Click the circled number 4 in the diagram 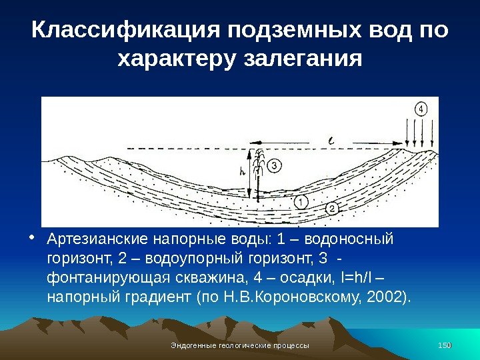[x=421, y=109]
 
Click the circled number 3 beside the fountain [x=274, y=165]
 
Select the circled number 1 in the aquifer [x=300, y=201]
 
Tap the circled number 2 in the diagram [x=333, y=209]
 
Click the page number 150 [x=445, y=345]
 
